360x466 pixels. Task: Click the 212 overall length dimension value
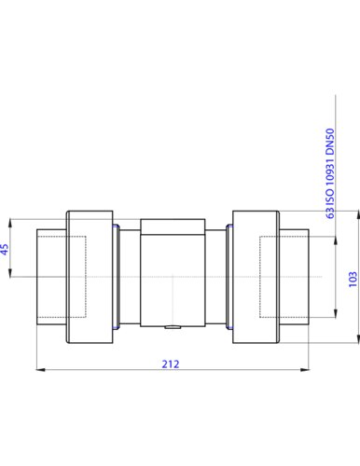tap(171, 363)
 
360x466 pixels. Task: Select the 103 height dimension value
tap(353, 280)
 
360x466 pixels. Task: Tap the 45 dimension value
tap(5, 249)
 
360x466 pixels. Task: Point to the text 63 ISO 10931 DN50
tap(330, 173)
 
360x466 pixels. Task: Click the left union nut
tap(90, 277)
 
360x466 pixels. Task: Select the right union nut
tap(256, 277)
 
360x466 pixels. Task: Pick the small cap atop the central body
tap(173, 226)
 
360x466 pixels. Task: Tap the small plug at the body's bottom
tap(173, 327)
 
